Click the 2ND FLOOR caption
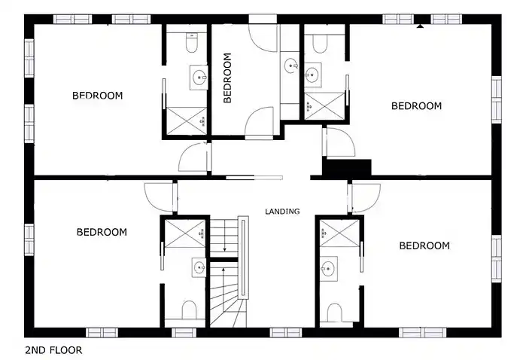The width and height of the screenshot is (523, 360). point(53,350)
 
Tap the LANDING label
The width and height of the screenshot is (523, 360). point(282,212)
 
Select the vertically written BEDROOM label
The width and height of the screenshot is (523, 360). point(227,78)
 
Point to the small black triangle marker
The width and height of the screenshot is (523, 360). point(420,26)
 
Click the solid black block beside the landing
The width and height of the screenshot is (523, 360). point(347,167)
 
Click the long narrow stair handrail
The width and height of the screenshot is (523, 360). point(244,258)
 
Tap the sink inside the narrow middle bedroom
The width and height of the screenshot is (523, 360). point(291,66)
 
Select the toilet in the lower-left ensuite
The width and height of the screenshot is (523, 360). point(189,310)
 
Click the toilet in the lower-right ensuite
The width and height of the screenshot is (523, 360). point(335,313)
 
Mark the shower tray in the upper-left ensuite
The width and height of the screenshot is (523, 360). point(187,121)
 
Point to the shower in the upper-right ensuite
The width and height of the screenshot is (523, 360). point(324,106)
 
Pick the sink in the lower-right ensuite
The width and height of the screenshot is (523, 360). point(328,267)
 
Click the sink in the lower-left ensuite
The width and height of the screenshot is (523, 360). point(199,267)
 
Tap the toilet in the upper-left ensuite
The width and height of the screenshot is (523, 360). point(191,43)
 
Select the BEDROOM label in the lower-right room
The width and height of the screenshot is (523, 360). point(424,246)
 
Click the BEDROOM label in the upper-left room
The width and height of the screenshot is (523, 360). point(97,96)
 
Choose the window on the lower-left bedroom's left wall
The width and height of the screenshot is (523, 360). point(29,239)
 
